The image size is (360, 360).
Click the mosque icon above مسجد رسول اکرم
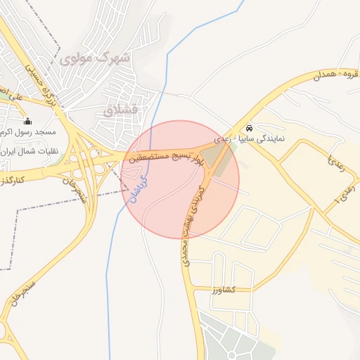coord(28,121)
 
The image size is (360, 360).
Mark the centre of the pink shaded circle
coord(181,179)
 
